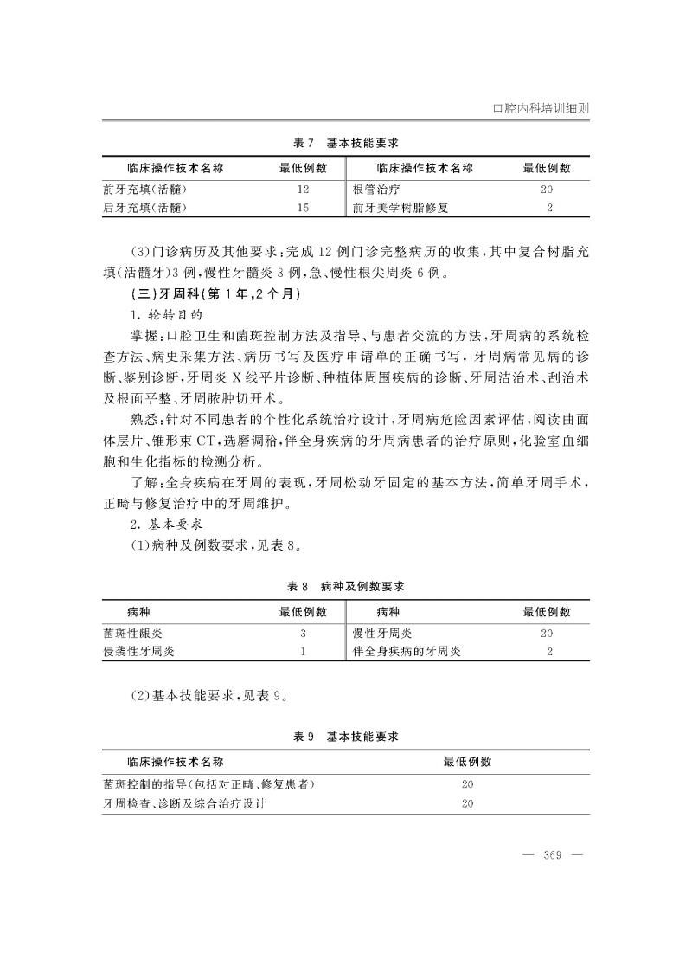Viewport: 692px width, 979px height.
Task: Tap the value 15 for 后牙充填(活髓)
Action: (303, 208)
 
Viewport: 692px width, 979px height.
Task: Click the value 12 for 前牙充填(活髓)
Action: (303, 189)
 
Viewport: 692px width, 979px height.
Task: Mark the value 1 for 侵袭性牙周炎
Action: (303, 652)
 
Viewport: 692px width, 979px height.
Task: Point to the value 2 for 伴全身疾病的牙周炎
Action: (549, 652)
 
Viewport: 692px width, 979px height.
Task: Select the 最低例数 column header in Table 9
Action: (467, 762)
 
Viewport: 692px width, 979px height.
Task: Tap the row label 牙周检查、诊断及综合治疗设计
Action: (184, 803)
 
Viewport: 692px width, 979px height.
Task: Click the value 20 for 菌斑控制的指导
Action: (467, 784)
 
